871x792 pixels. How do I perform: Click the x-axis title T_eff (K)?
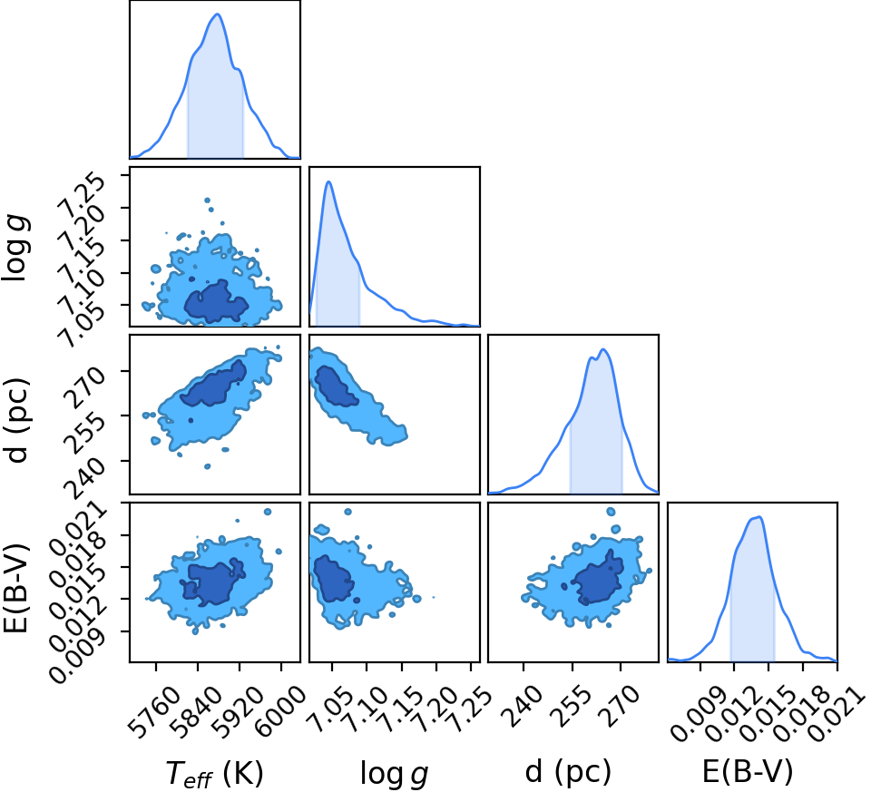click(214, 773)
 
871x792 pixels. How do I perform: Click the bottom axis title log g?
click(395, 773)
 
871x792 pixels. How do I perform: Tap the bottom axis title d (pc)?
click(568, 772)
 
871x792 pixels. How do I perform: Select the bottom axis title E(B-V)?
click(748, 771)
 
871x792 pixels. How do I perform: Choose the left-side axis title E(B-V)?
click(15, 588)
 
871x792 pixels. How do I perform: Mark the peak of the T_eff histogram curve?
click(217, 14)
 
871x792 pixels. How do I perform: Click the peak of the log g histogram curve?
click(328, 181)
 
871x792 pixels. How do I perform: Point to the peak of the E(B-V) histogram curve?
click(758, 517)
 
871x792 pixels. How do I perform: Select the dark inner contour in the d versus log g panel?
click(335, 386)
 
